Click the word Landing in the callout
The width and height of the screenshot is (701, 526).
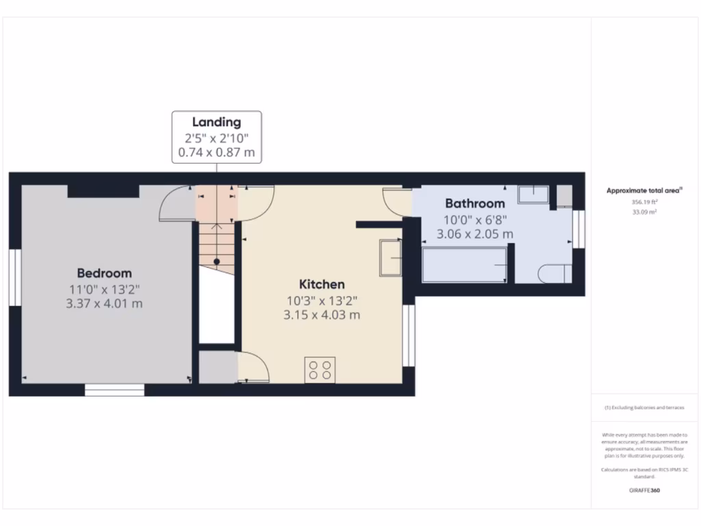tap(216, 123)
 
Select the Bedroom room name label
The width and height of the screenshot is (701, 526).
tap(104, 273)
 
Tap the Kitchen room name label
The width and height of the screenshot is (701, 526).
tap(321, 284)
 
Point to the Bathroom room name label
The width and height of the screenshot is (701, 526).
tap(475, 203)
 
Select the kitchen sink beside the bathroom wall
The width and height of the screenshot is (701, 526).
tap(391, 257)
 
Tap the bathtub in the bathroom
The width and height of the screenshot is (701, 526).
tap(464, 265)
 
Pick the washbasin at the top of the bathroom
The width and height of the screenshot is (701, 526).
tap(533, 194)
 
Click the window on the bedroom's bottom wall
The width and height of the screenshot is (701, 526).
tap(114, 390)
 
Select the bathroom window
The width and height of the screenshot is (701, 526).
tap(578, 229)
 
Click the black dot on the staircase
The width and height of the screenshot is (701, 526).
tap(216, 261)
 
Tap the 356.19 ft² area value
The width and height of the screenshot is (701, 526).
tap(643, 203)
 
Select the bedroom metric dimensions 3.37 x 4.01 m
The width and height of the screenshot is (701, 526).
tap(104, 303)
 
